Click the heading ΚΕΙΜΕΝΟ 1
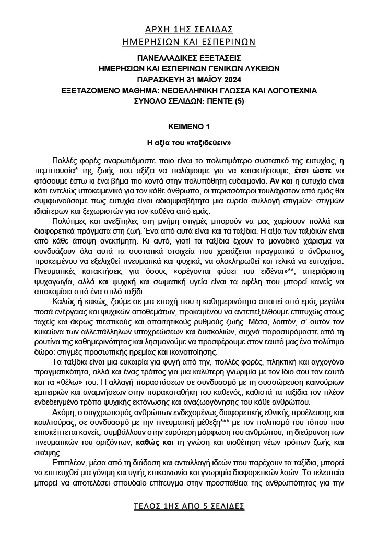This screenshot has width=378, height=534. tap(188, 127)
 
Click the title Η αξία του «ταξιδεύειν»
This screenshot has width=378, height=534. tap(188, 142)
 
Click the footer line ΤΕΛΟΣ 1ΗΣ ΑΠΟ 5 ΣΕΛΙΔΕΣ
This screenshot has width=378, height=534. tap(188, 506)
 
